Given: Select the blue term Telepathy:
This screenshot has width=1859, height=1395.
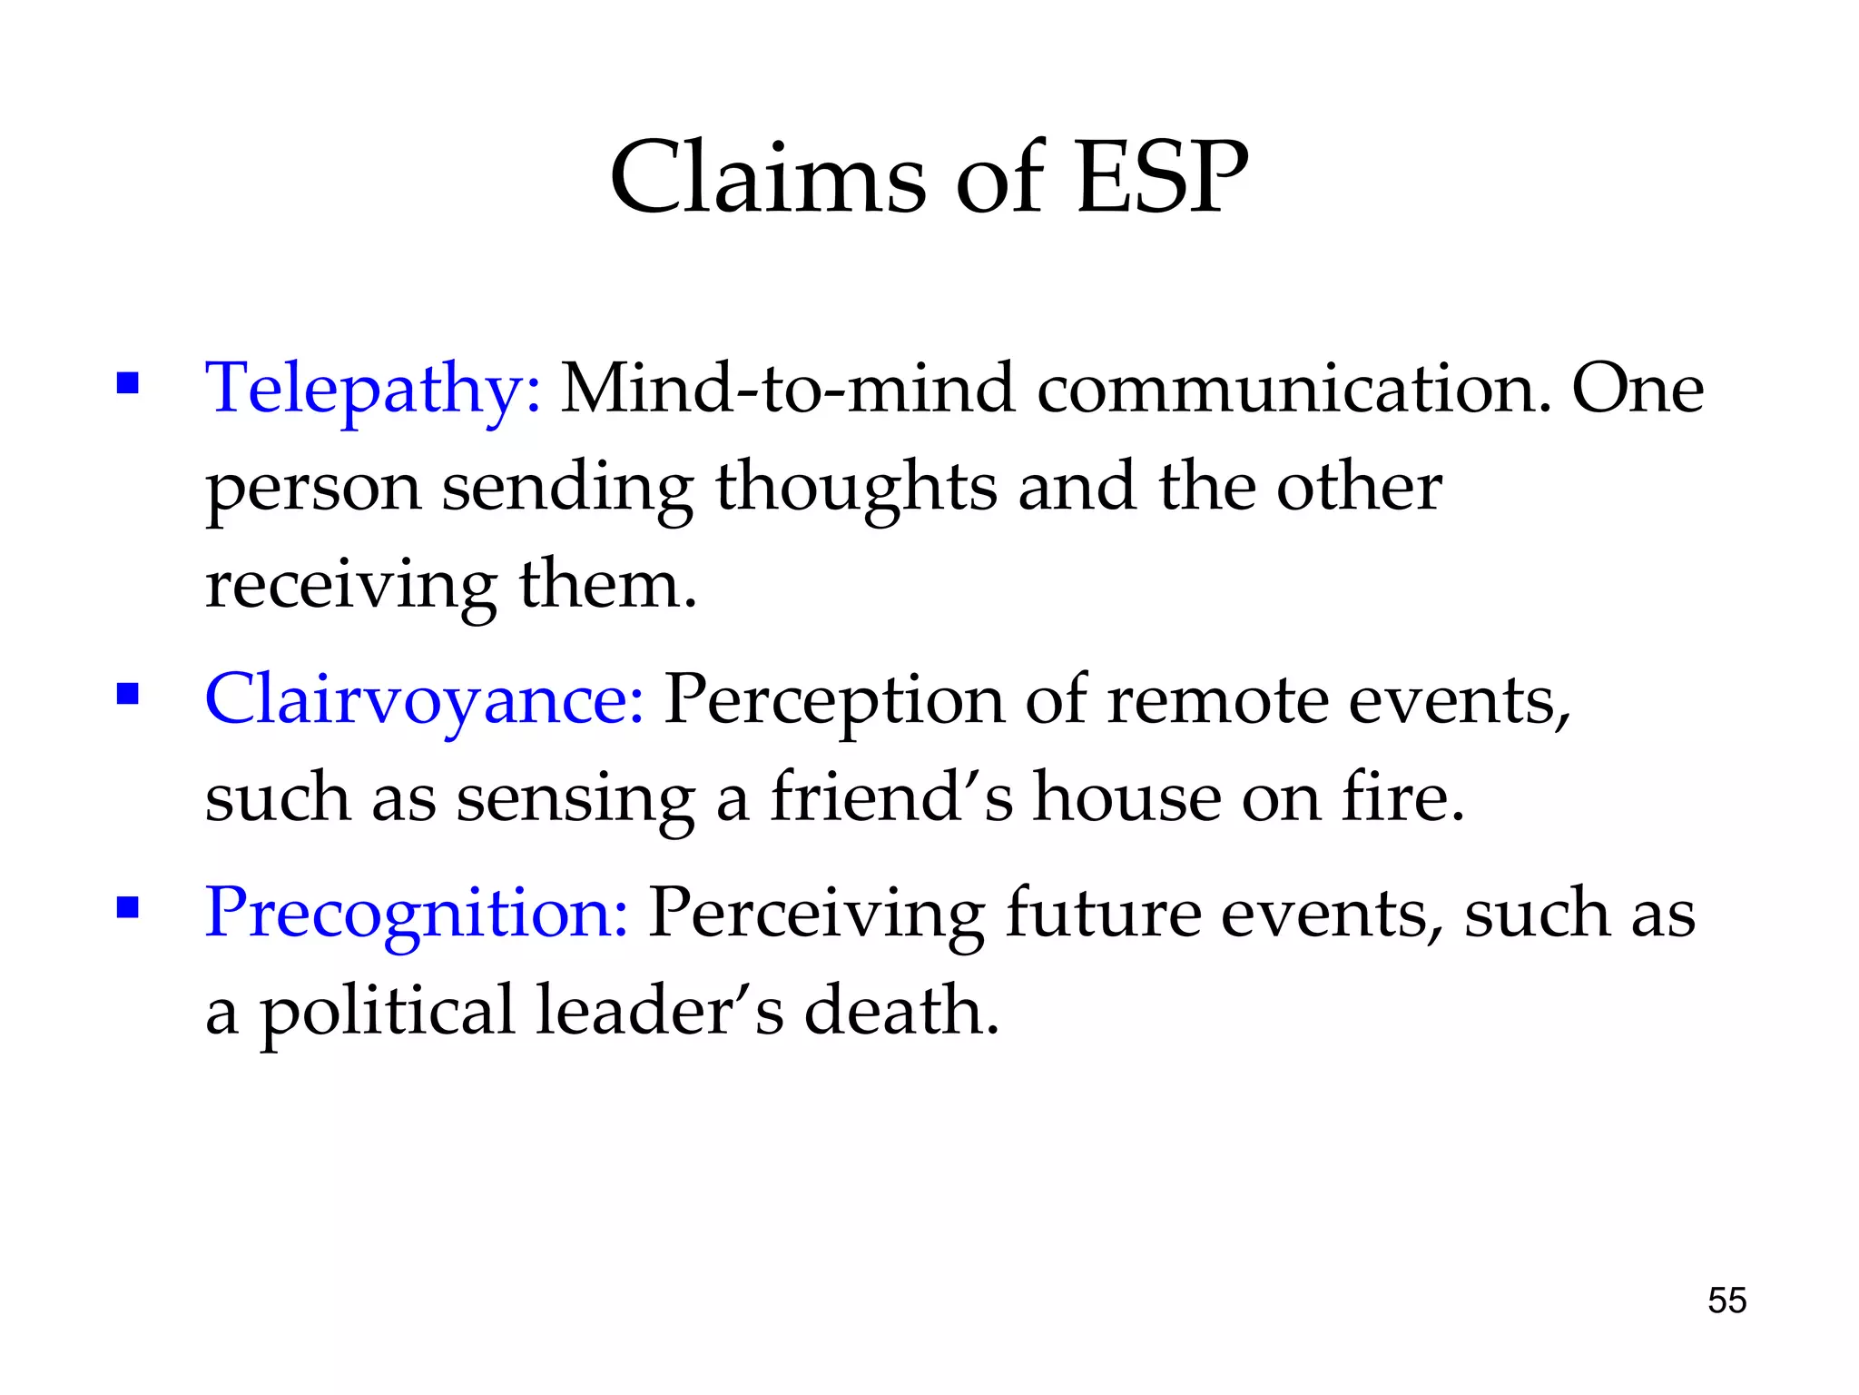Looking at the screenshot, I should [x=373, y=389].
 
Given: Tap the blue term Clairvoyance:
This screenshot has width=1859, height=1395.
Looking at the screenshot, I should [x=425, y=700].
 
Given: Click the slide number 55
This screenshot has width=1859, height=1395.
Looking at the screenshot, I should [x=1726, y=1301].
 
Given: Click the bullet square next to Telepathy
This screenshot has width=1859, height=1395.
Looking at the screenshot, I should [x=127, y=382].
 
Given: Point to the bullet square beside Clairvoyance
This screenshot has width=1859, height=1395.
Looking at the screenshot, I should [x=127, y=695].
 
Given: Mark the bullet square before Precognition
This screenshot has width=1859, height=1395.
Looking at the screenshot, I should [x=127, y=907].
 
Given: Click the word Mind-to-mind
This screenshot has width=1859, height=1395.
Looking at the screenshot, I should [x=787, y=389].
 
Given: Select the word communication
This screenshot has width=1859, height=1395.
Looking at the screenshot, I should [x=1294, y=389].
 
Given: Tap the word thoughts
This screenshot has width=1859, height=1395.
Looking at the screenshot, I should [x=856, y=488].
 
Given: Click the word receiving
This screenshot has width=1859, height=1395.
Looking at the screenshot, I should [x=351, y=586].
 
